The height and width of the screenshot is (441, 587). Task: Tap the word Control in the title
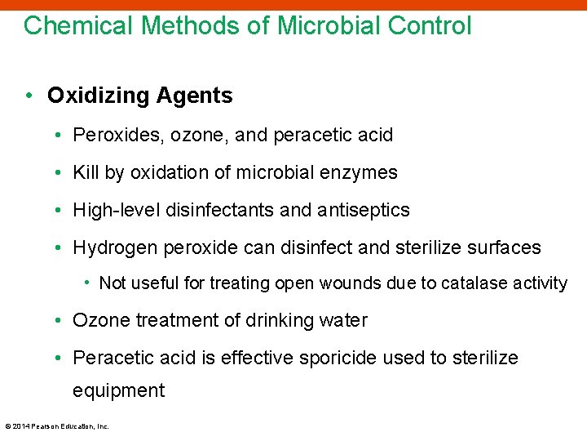429,25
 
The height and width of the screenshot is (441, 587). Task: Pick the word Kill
86,172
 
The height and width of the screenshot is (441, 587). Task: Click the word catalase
473,283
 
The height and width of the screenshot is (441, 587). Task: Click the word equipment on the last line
118,390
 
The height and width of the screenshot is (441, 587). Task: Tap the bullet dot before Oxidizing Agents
29,96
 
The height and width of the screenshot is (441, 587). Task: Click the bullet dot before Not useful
87,283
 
